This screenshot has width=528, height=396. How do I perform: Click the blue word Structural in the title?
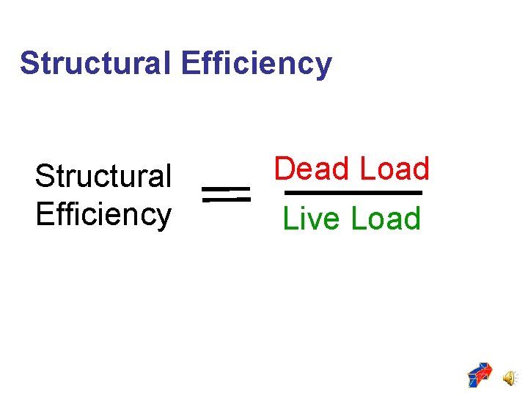pyautogui.click(x=96, y=63)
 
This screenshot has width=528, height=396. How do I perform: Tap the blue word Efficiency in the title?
pyautogui.click(x=255, y=65)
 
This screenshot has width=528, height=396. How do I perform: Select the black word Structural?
pyautogui.click(x=103, y=176)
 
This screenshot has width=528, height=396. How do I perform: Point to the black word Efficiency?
pyautogui.click(x=103, y=215)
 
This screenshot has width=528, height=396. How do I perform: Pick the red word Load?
pyautogui.click(x=394, y=169)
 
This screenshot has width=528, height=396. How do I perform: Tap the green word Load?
pyautogui.click(x=386, y=219)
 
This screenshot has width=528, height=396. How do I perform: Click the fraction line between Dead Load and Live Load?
pyautogui.click(x=353, y=193)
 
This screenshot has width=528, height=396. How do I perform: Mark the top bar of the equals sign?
pyautogui.click(x=226, y=188)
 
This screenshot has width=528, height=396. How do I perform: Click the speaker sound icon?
pyautogui.click(x=509, y=376)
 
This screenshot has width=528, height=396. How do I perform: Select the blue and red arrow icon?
pyautogui.click(x=480, y=375)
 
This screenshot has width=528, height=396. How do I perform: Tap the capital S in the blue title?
pyautogui.click(x=29, y=63)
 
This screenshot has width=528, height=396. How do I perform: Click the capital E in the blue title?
pyautogui.click(x=188, y=63)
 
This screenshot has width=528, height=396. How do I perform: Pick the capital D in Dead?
pyautogui.click(x=284, y=169)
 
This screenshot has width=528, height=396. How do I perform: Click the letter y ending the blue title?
pyautogui.click(x=323, y=67)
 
